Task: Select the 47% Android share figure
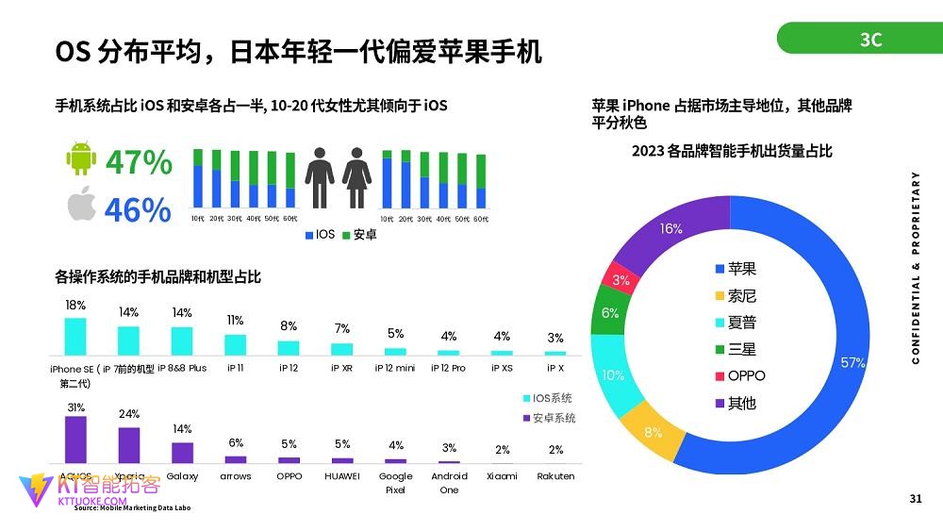(139, 162)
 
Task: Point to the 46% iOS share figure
(138, 209)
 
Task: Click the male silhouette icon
(319, 177)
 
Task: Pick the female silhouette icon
(356, 177)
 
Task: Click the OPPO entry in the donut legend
(746, 375)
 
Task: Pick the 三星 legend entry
(741, 349)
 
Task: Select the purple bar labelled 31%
(75, 439)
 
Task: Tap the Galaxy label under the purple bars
(182, 476)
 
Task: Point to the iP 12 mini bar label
(395, 368)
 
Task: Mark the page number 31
(915, 498)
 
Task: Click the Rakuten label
(555, 476)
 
